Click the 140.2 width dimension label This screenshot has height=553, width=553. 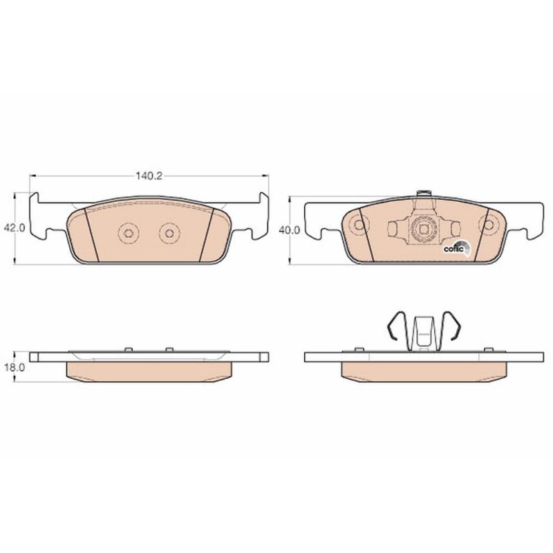pos(148,176)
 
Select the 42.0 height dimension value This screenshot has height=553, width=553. pos(15,227)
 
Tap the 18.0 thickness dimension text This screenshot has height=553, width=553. pos(15,369)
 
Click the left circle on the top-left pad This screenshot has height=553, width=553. pos(129,234)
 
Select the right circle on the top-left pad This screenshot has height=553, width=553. pos(167,234)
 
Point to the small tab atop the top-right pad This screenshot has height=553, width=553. pos(423,194)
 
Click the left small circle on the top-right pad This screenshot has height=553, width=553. pos(357,225)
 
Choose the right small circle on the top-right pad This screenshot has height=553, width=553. pos(490,225)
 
